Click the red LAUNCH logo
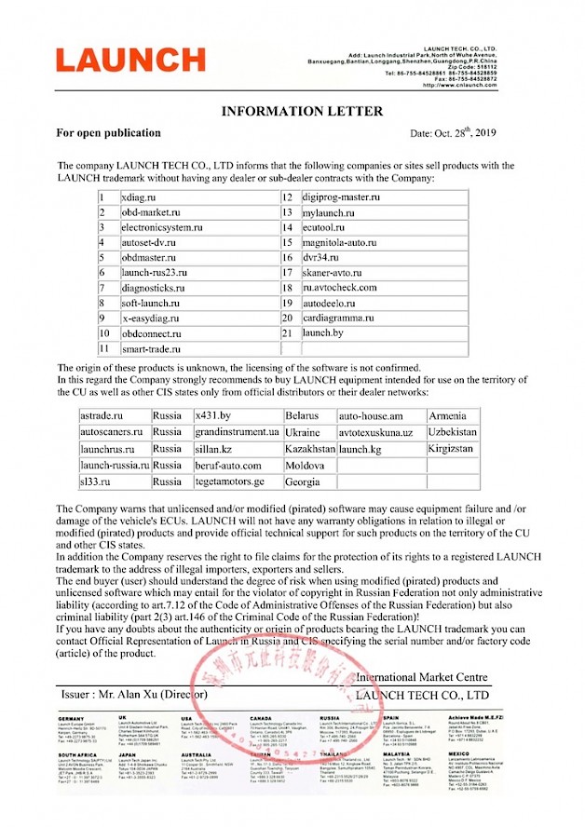pyautogui.click(x=129, y=61)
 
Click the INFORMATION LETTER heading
pyautogui.click(x=301, y=112)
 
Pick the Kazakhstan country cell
pyautogui.click(x=309, y=449)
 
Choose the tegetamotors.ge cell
pyautogui.click(x=230, y=482)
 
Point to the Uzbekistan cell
pyautogui.click(x=453, y=432)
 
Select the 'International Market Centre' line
pyautogui.click(x=420, y=677)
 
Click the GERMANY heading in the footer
pyautogui.click(x=72, y=719)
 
